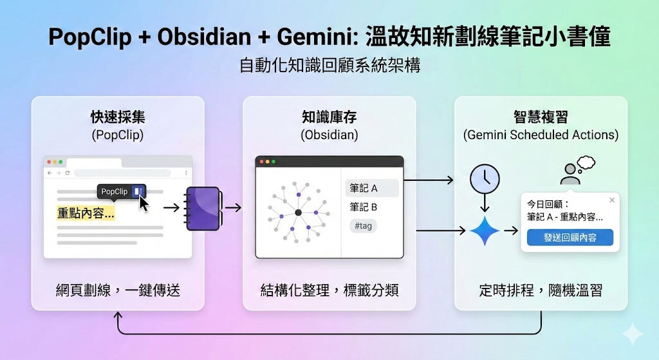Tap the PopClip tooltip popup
tap(121, 191)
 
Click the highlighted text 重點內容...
tap(86, 213)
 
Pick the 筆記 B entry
tap(364, 207)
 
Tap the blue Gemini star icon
tap(485, 231)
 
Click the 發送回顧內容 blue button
tap(570, 238)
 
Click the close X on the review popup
tap(611, 200)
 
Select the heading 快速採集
tap(118, 117)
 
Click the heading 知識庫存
tap(329, 117)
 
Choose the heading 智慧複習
tap(541, 117)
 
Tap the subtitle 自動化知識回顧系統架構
tap(329, 66)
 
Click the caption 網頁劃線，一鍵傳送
tap(118, 290)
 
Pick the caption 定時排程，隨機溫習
tap(541, 290)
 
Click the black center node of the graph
tap(298, 213)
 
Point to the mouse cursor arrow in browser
tap(144, 203)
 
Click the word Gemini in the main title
tap(317, 37)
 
